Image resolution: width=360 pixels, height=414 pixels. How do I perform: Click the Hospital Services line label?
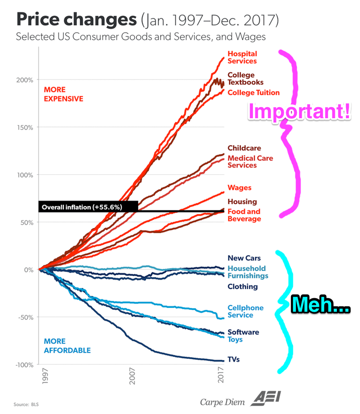(242, 57)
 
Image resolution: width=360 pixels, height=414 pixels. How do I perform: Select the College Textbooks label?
(245, 79)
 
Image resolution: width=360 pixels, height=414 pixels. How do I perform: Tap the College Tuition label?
(253, 93)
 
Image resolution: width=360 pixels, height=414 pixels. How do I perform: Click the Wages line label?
(239, 188)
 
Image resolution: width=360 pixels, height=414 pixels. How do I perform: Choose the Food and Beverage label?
(244, 215)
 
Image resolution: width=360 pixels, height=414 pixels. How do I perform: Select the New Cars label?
(244, 258)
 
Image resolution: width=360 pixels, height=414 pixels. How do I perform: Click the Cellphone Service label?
(245, 311)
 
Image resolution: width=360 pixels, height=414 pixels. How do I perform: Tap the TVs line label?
(234, 359)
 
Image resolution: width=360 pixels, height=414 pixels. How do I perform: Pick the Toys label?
(235, 340)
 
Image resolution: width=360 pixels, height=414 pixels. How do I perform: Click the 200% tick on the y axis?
(25, 80)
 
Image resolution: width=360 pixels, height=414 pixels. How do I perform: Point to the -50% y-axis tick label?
(24, 317)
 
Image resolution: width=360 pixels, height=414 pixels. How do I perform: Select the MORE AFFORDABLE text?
(67, 346)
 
